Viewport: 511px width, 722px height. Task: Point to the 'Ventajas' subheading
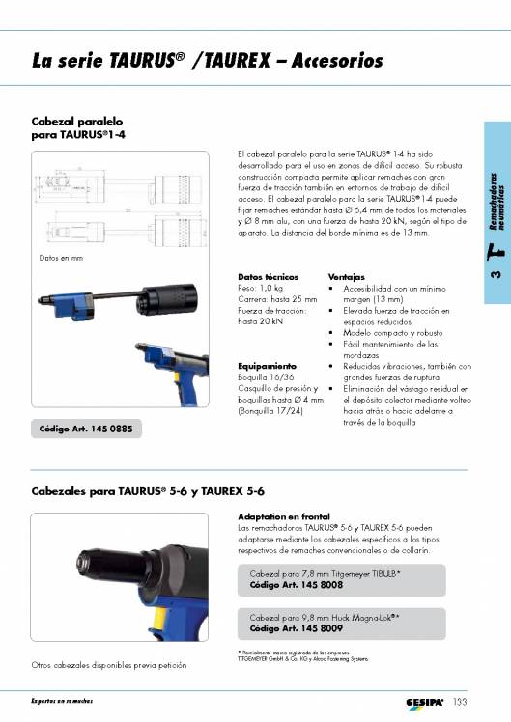(346, 276)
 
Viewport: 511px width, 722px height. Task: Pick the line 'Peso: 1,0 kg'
(260, 288)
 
